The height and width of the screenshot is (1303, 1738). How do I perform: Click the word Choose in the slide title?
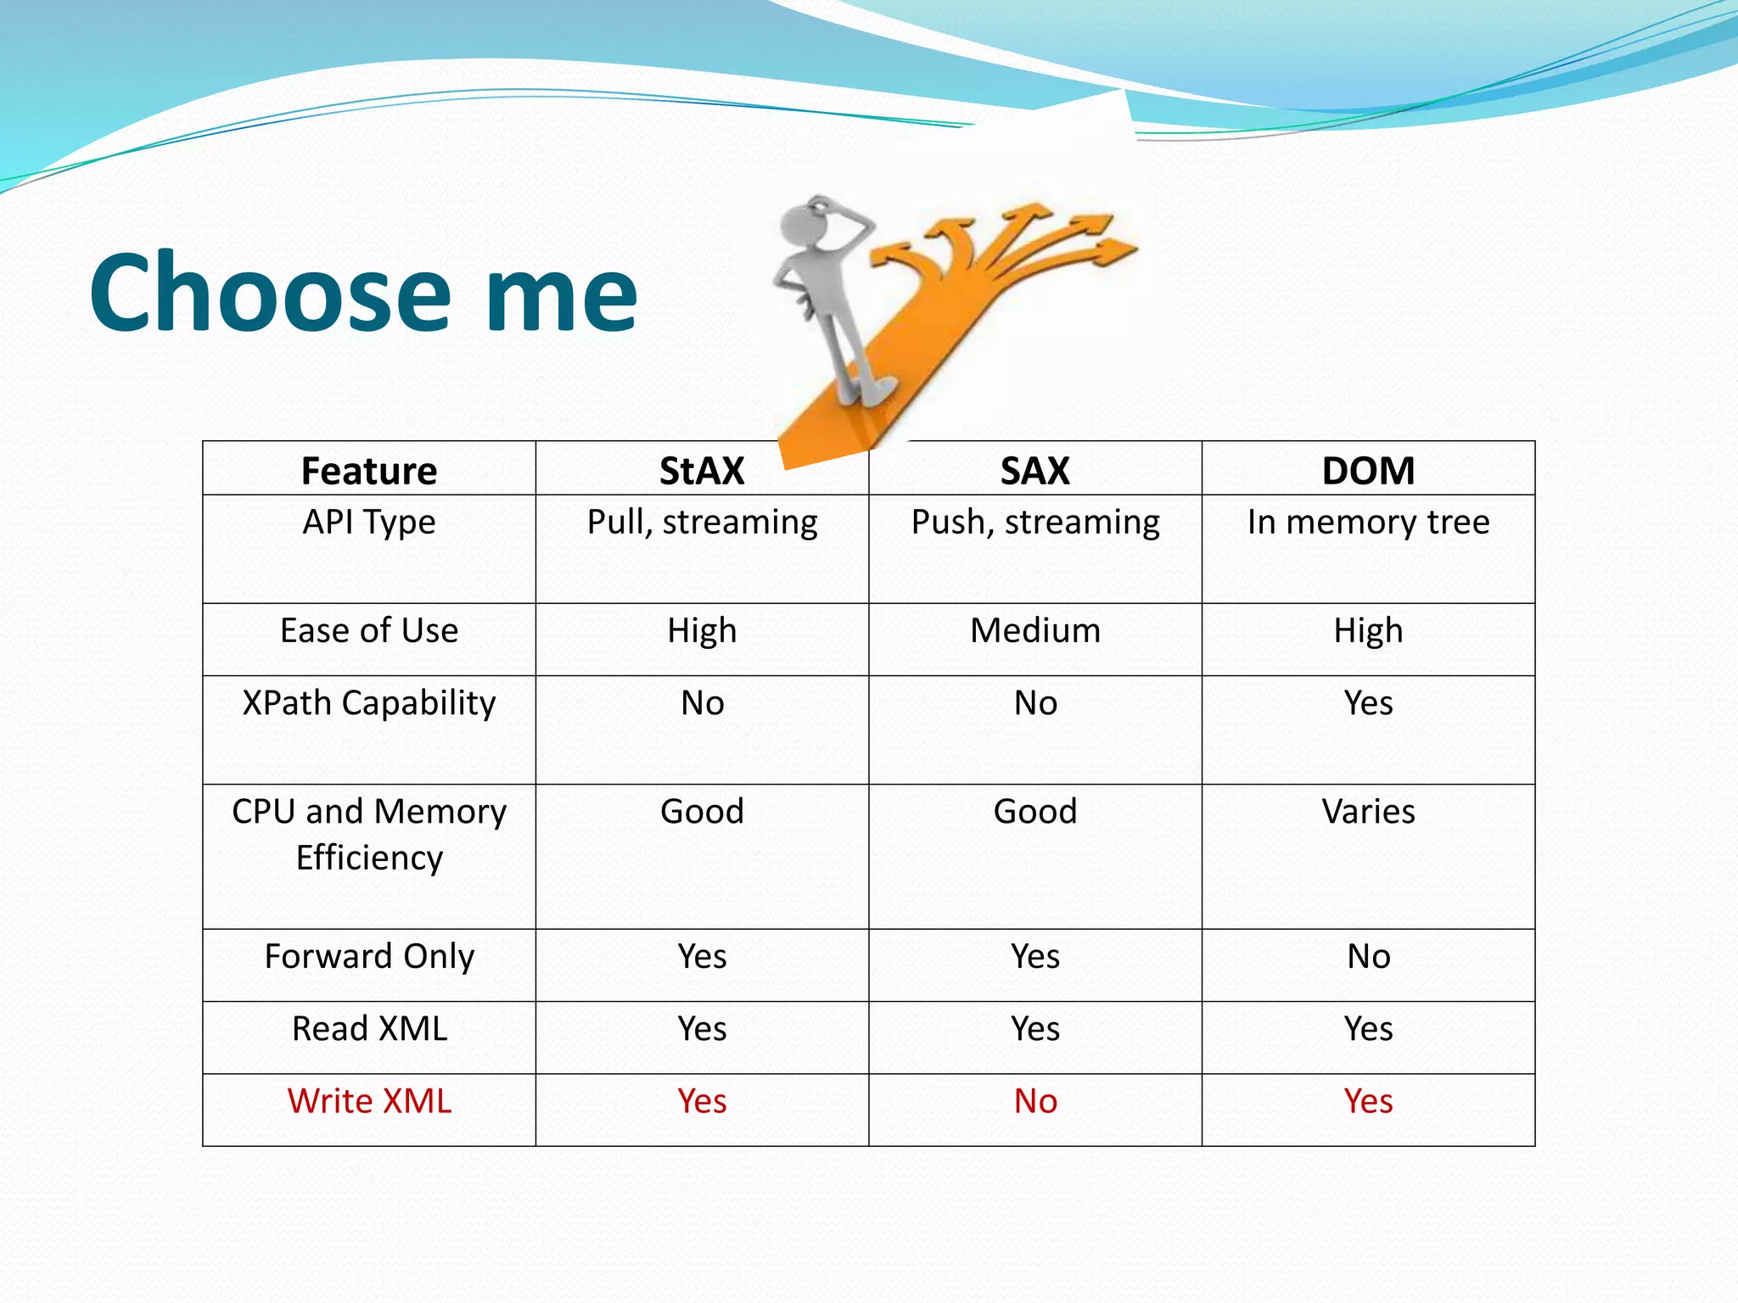tap(270, 293)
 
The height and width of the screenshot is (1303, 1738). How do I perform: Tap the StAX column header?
tap(702, 471)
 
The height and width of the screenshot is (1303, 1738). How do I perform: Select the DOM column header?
tap(1368, 471)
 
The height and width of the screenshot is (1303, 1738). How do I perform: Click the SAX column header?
tap(1034, 471)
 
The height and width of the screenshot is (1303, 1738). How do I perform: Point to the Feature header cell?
tap(369, 471)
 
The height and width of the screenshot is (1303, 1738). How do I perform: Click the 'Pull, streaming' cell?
tap(702, 523)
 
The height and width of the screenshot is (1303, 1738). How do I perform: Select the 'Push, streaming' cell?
tap(1034, 523)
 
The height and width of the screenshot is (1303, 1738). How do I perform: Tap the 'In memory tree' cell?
tap(1368, 523)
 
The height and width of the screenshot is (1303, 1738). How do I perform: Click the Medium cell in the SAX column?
tap(1034, 631)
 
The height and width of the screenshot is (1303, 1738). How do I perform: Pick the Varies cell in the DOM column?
tap(1368, 812)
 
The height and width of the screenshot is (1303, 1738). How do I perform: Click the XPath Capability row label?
tap(369, 703)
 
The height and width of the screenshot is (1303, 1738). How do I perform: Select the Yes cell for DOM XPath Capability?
tap(1368, 703)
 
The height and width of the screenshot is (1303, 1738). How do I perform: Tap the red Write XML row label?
tap(369, 1101)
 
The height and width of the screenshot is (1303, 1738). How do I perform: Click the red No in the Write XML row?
tap(1034, 1101)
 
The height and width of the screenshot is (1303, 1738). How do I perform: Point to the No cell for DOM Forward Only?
tap(1368, 957)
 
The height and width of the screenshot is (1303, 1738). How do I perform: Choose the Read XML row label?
tap(369, 1029)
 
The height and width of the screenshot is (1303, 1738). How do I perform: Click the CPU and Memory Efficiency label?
tap(369, 835)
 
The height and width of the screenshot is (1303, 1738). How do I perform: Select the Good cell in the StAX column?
tap(702, 812)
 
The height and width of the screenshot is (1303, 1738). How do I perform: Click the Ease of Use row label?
tap(369, 631)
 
